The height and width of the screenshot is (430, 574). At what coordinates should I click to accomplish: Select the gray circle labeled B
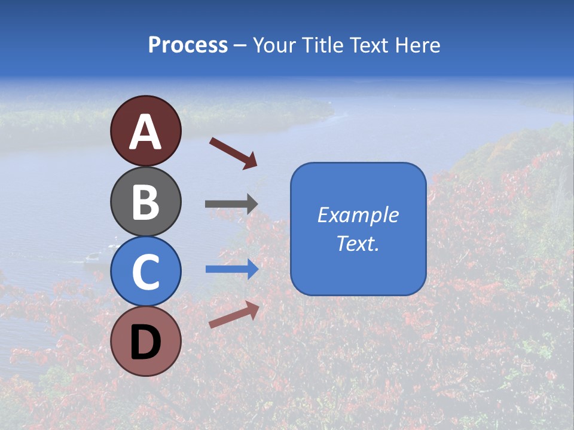coord(145,202)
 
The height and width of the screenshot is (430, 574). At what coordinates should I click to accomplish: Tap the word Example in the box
coord(358,214)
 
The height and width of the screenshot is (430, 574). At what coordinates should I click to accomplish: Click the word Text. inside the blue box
coord(358,243)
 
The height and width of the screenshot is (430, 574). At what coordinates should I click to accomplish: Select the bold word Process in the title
coord(188,45)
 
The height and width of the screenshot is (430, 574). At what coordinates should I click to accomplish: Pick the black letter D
coord(145,342)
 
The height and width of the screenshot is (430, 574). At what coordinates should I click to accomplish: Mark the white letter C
coord(145,272)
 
